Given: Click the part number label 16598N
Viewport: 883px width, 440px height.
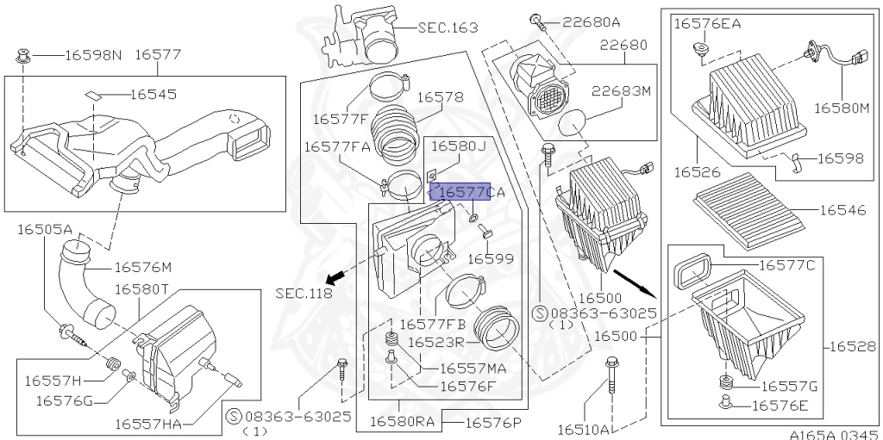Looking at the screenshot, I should tap(94, 55).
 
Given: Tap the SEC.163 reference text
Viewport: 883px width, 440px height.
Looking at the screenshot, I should tap(448, 28).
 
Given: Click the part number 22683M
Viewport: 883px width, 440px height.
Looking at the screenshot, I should tap(622, 90).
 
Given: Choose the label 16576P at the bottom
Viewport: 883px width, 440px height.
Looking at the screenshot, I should tap(494, 422).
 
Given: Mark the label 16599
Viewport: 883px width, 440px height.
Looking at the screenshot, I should tap(491, 257).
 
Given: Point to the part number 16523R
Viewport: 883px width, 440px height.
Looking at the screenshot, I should tap(436, 342).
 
